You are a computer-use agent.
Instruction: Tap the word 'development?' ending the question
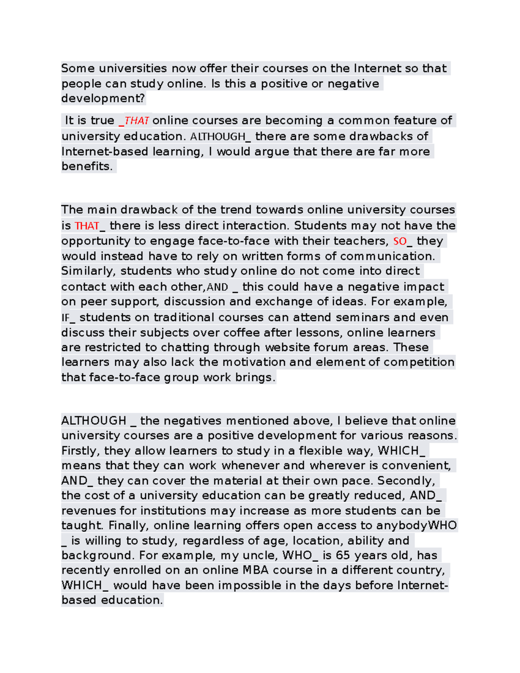coord(103,98)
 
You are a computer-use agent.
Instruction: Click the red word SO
coord(400,241)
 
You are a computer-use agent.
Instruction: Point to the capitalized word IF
coord(66,318)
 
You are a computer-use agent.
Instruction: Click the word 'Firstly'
coord(81,451)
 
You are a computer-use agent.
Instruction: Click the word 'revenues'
coord(88,511)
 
